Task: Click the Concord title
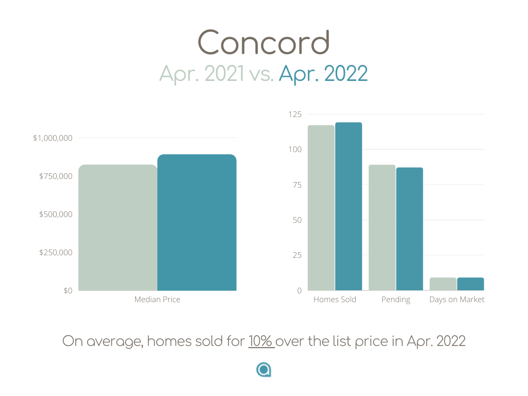pos(263,42)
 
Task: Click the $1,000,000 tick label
pos(53,138)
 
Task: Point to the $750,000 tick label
pos(56,176)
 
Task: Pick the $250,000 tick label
pos(56,253)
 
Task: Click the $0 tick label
pos(68,291)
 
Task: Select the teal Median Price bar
pos(197,223)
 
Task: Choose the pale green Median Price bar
pos(118,227)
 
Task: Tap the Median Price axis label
pos(157,300)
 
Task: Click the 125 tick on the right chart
pos(295,114)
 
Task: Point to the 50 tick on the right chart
pos(297,220)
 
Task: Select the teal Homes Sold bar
pos(349,206)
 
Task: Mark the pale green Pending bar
pos(382,227)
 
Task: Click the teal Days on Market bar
pos(470,284)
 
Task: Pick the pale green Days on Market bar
pos(443,284)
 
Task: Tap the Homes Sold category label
pos(335,300)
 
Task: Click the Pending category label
pos(395,300)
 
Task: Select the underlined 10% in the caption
pos(260,341)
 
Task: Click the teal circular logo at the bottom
pos(263,370)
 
